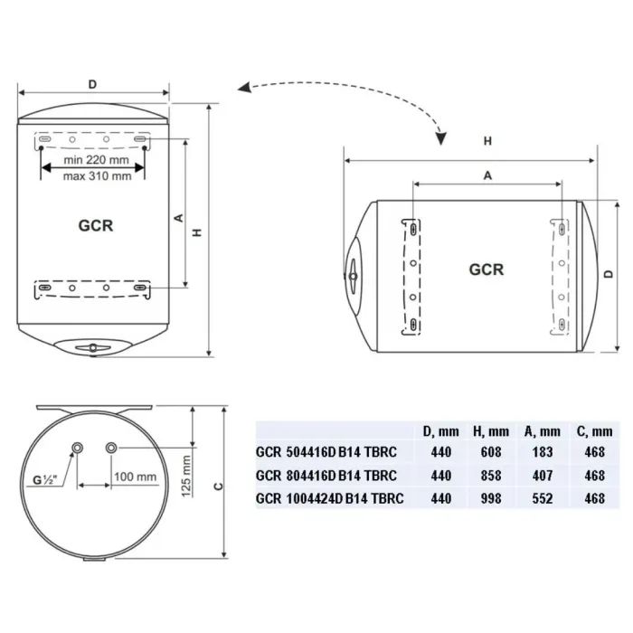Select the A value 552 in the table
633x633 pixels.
pyautogui.click(x=537, y=497)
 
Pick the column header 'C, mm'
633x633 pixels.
pyautogui.click(x=589, y=431)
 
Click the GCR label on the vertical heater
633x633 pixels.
pyautogui.click(x=96, y=225)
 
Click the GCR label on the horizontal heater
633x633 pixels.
pyautogui.click(x=487, y=269)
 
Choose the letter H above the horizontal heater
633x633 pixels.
pyautogui.click(x=487, y=141)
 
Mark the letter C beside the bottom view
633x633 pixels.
pyautogui.click(x=220, y=486)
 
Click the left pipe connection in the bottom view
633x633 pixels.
pyautogui.click(x=79, y=448)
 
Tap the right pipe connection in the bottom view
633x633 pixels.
pyautogui.click(x=112, y=448)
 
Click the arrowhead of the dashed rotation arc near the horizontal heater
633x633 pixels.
pyautogui.click(x=440, y=139)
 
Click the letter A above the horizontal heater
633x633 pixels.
pyautogui.click(x=487, y=176)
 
